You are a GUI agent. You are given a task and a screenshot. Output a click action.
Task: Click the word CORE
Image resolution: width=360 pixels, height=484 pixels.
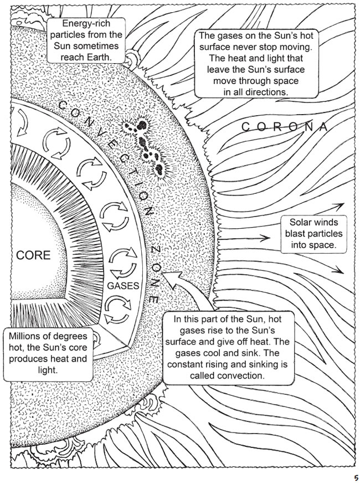pyautogui.click(x=34, y=255)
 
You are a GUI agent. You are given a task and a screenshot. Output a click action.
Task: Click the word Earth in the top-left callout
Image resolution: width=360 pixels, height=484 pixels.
pyautogui.click(x=100, y=58)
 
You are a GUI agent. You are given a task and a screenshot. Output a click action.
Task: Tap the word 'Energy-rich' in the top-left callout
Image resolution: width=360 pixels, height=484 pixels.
pyautogui.click(x=86, y=24)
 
